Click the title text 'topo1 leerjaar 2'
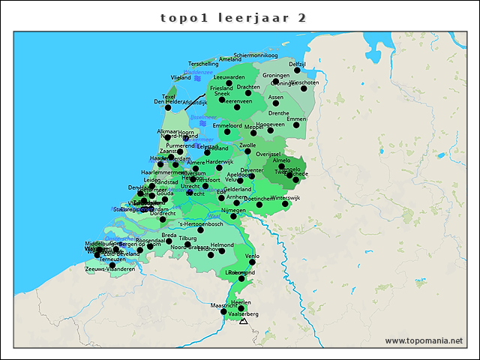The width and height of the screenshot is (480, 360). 233,18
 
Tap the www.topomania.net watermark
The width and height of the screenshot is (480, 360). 424,341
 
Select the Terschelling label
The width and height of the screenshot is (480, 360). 203,64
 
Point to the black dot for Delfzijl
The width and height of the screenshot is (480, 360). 297,70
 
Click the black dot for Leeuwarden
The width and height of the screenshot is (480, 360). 229,83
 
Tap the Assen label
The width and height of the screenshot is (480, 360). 276,97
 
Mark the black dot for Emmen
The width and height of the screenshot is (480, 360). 296,125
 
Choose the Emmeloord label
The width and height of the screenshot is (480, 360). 227,125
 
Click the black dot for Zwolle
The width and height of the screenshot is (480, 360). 247,151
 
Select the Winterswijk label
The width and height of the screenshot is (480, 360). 285,198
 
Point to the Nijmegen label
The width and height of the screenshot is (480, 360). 233,211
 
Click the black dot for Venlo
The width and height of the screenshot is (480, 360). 252,262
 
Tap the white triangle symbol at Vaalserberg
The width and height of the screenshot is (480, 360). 243,321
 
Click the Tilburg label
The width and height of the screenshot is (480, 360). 187,238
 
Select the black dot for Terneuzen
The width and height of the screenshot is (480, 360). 112,265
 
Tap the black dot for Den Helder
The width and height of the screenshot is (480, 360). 168,107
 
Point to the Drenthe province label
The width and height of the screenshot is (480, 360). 278,113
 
